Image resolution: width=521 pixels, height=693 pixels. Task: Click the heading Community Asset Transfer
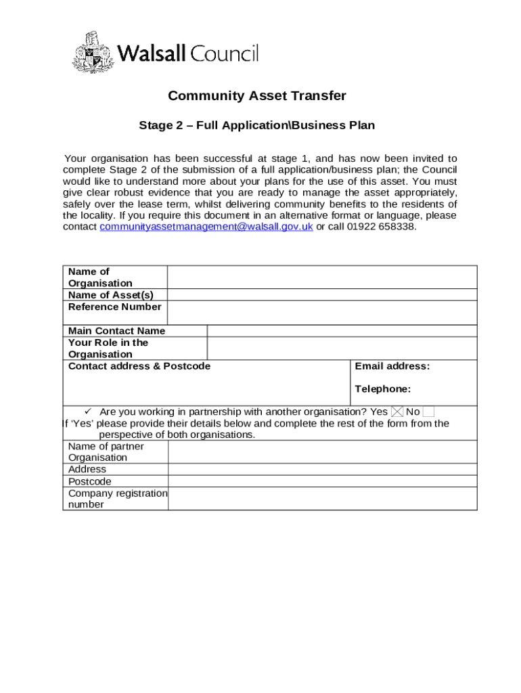pos(256,96)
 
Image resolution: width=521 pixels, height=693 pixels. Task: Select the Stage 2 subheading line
pos(256,126)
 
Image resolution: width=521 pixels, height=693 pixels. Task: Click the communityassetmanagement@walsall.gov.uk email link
pos(206,227)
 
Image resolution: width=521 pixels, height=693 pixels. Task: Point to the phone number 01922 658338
pos(382,227)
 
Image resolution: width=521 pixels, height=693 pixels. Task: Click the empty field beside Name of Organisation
pos(322,277)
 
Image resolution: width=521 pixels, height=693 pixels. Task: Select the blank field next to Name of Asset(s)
pos(322,295)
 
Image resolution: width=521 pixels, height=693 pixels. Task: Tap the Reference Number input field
pos(322,313)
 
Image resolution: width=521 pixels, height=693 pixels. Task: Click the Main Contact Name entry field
pos(342,331)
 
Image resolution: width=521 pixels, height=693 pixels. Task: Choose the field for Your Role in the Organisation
pos(342,349)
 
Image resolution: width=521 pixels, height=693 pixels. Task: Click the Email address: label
pos(392,367)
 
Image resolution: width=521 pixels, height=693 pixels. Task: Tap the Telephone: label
pos(382,389)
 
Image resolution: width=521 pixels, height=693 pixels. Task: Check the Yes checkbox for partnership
pos(397,411)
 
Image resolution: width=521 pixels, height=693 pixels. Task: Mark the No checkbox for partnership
pos(428,411)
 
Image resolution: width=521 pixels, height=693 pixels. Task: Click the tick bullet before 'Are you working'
pos(87,411)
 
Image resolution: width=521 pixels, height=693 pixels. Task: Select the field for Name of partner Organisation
pos(322,452)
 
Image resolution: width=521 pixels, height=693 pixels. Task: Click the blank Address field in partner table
pos(322,470)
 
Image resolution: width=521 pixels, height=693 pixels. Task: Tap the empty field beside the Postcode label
pos(322,481)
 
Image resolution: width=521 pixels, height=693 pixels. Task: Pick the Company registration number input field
pos(322,499)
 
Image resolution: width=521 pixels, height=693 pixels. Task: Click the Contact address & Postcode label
pos(139,367)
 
